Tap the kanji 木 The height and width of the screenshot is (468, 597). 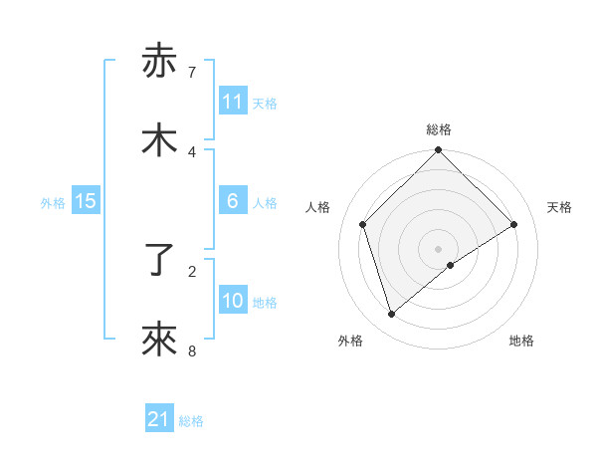(x=159, y=140)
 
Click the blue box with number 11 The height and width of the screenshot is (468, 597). (x=233, y=102)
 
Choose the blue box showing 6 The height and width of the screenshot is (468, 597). (x=233, y=201)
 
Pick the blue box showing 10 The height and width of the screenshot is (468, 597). (x=233, y=301)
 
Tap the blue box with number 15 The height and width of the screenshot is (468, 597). (x=86, y=201)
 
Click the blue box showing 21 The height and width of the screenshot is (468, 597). (x=159, y=419)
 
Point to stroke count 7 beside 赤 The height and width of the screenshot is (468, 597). (x=192, y=72)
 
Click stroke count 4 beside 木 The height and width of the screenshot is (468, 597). (x=192, y=151)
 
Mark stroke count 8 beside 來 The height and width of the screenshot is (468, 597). (x=192, y=351)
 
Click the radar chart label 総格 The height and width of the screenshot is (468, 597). (x=439, y=129)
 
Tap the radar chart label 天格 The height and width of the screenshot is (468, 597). (x=559, y=207)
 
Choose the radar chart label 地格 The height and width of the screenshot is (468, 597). (x=521, y=341)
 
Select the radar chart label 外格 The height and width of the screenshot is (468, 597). (x=350, y=341)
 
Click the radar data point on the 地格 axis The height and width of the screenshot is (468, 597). (x=451, y=265)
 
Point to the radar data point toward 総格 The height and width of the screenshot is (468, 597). (x=438, y=151)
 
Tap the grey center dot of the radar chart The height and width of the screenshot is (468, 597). (x=438, y=247)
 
